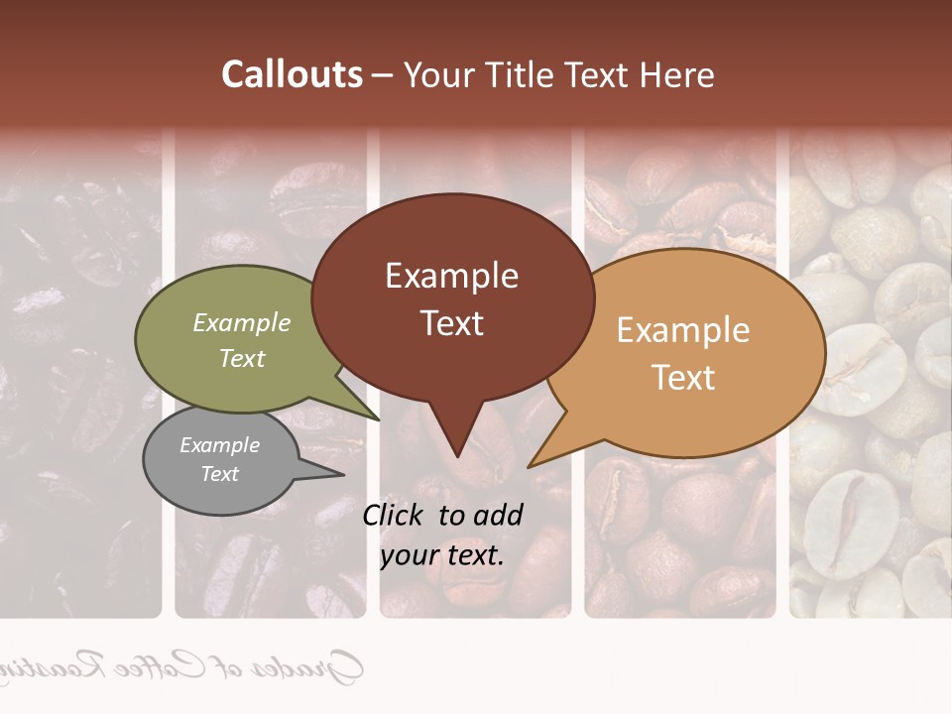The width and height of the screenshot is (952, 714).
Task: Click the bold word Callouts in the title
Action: (x=292, y=74)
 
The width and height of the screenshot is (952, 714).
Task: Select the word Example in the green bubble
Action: (x=242, y=323)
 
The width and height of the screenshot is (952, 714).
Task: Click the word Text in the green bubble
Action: (x=242, y=358)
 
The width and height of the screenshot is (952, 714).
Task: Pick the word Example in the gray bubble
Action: (x=219, y=445)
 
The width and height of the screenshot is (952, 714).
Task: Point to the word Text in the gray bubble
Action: (x=219, y=474)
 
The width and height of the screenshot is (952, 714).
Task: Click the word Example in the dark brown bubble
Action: (x=451, y=276)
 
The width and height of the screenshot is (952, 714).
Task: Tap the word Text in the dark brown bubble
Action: (x=451, y=322)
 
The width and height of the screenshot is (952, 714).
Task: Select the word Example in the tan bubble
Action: (x=683, y=330)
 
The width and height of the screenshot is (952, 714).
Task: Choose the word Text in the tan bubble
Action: (x=683, y=377)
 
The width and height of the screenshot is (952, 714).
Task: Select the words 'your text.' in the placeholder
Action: (x=442, y=555)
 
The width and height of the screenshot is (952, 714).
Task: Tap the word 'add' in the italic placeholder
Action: (x=498, y=515)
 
